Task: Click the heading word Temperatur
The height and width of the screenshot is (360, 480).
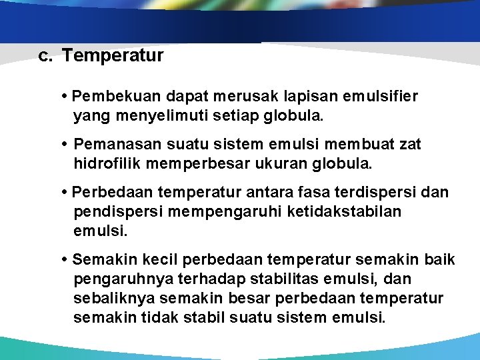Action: coord(113,55)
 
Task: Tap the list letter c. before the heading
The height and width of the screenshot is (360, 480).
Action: coord(45,55)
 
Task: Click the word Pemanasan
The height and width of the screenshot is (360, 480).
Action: coord(111,144)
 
